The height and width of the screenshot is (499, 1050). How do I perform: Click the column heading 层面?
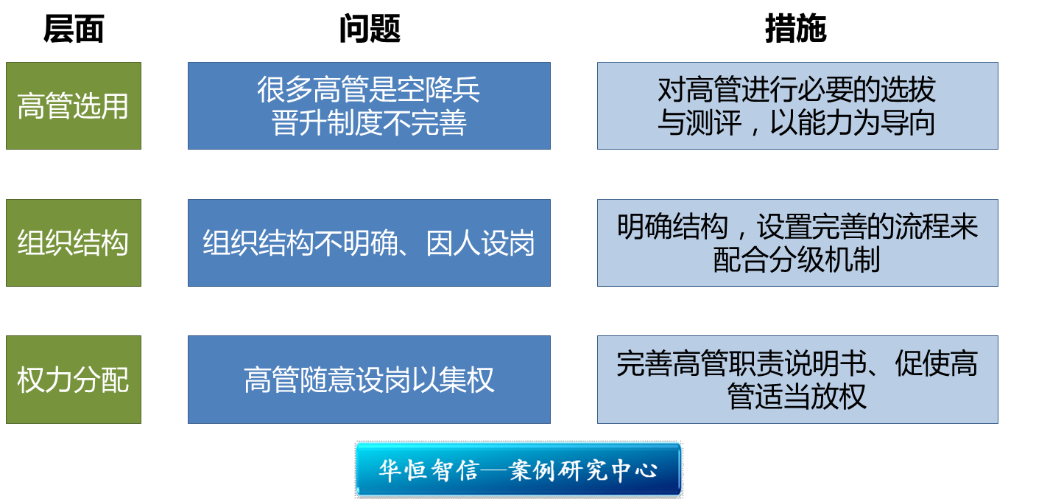coord(74,29)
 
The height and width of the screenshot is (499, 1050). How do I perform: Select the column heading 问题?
coord(370,29)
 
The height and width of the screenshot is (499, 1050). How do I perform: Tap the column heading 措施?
coord(795,29)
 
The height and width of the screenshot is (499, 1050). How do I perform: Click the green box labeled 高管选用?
coord(74,105)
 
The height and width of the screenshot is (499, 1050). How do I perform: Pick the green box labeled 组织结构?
coord(74,242)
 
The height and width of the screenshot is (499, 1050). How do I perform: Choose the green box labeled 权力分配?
coord(74,380)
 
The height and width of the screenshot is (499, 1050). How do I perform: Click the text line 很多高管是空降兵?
coord(368,89)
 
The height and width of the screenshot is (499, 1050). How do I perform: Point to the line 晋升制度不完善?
coord(368,123)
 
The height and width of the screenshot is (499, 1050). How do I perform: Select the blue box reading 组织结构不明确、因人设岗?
coord(370,242)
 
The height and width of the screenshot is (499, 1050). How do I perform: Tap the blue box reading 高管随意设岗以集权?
coord(370,380)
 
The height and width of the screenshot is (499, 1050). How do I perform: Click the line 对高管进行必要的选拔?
coord(797,89)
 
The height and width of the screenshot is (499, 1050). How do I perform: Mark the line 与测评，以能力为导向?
coord(797,123)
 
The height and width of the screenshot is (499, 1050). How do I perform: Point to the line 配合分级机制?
coord(797,260)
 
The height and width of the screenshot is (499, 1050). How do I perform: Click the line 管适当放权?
coord(797,397)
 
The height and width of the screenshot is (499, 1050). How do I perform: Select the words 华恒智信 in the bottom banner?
coord(429,470)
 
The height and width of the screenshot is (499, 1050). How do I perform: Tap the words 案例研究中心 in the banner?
coord(584,470)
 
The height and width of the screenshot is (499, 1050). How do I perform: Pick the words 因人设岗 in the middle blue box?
coord(480,242)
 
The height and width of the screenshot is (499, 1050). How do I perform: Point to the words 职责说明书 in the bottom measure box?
coord(797,363)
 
